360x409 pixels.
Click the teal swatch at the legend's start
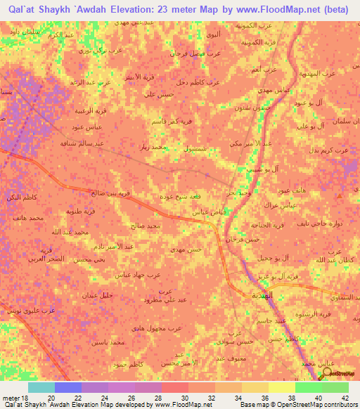coord(41,387)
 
